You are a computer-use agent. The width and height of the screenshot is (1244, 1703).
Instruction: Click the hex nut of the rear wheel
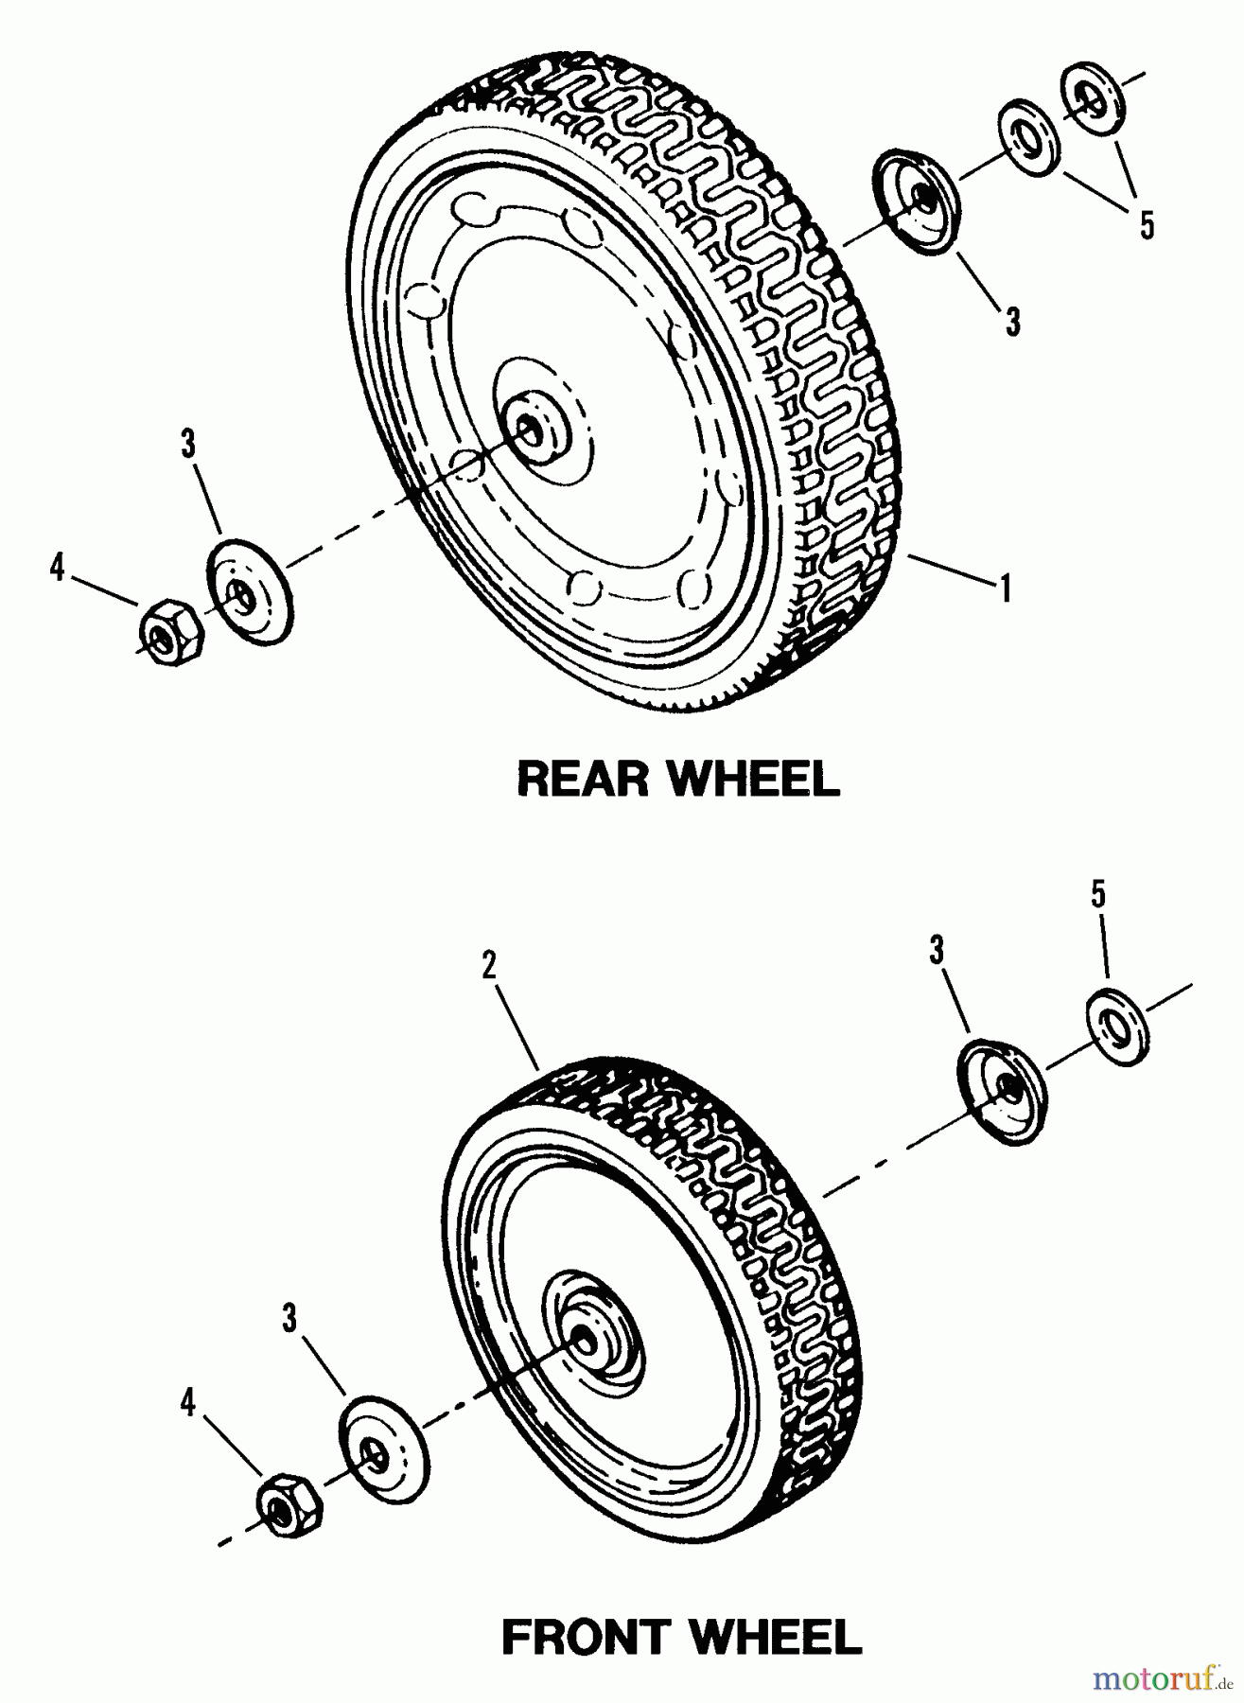click(x=171, y=629)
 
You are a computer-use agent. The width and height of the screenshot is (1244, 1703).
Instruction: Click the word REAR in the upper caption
click(x=587, y=780)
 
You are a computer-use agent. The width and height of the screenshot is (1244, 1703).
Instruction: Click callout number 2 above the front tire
click(x=488, y=966)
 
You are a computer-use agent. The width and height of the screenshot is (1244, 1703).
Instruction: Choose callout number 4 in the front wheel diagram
click(x=188, y=1403)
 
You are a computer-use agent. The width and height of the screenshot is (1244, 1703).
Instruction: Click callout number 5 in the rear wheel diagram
click(x=1147, y=225)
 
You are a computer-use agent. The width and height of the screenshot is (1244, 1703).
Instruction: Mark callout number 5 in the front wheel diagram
click(x=1098, y=895)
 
